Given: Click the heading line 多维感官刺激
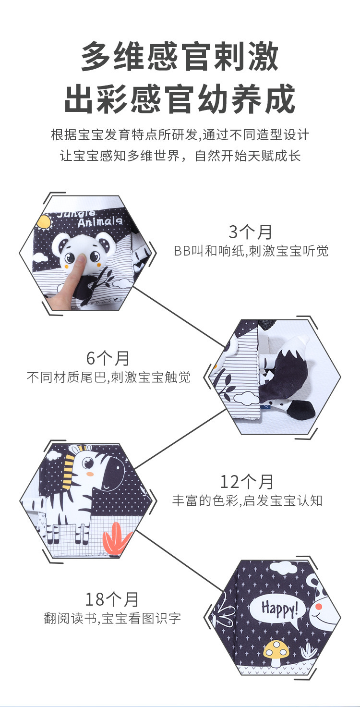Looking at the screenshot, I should click(180, 57).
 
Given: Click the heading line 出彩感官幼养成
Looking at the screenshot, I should click(180, 99).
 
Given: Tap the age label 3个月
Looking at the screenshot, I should click(250, 232).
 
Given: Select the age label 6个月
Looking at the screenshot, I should click(108, 358).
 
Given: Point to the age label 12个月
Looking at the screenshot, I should click(247, 481).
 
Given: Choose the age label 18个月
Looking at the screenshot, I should click(112, 599).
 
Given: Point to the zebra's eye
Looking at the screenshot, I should click(88, 463).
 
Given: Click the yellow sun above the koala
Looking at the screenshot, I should click(44, 221).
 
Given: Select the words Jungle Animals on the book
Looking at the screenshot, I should click(90, 218).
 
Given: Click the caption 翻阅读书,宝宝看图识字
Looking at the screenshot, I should click(112, 618).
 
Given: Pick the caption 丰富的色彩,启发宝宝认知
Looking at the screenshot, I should click(247, 500).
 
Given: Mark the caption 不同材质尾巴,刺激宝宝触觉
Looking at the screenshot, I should click(108, 377).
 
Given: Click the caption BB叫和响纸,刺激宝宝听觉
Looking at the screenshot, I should click(251, 251).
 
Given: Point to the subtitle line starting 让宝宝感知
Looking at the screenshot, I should click(180, 157).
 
